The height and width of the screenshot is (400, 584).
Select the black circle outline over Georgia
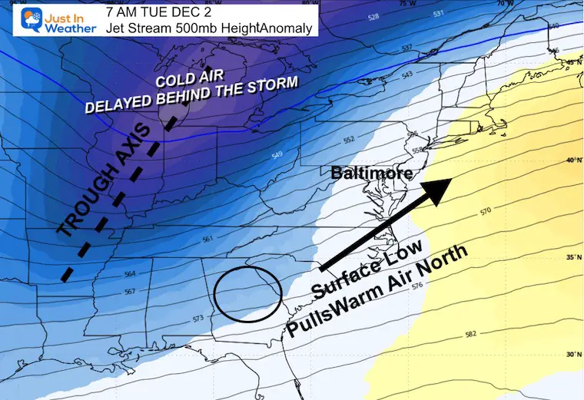pos(247,293)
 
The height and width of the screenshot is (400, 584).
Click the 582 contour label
pos(471,335)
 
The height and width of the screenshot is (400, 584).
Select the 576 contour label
pos(417,286)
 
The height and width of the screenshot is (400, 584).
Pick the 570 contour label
pos(484,210)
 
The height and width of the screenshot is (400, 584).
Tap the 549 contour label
pos(277,156)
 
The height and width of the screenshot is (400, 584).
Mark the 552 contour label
pos(349,140)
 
